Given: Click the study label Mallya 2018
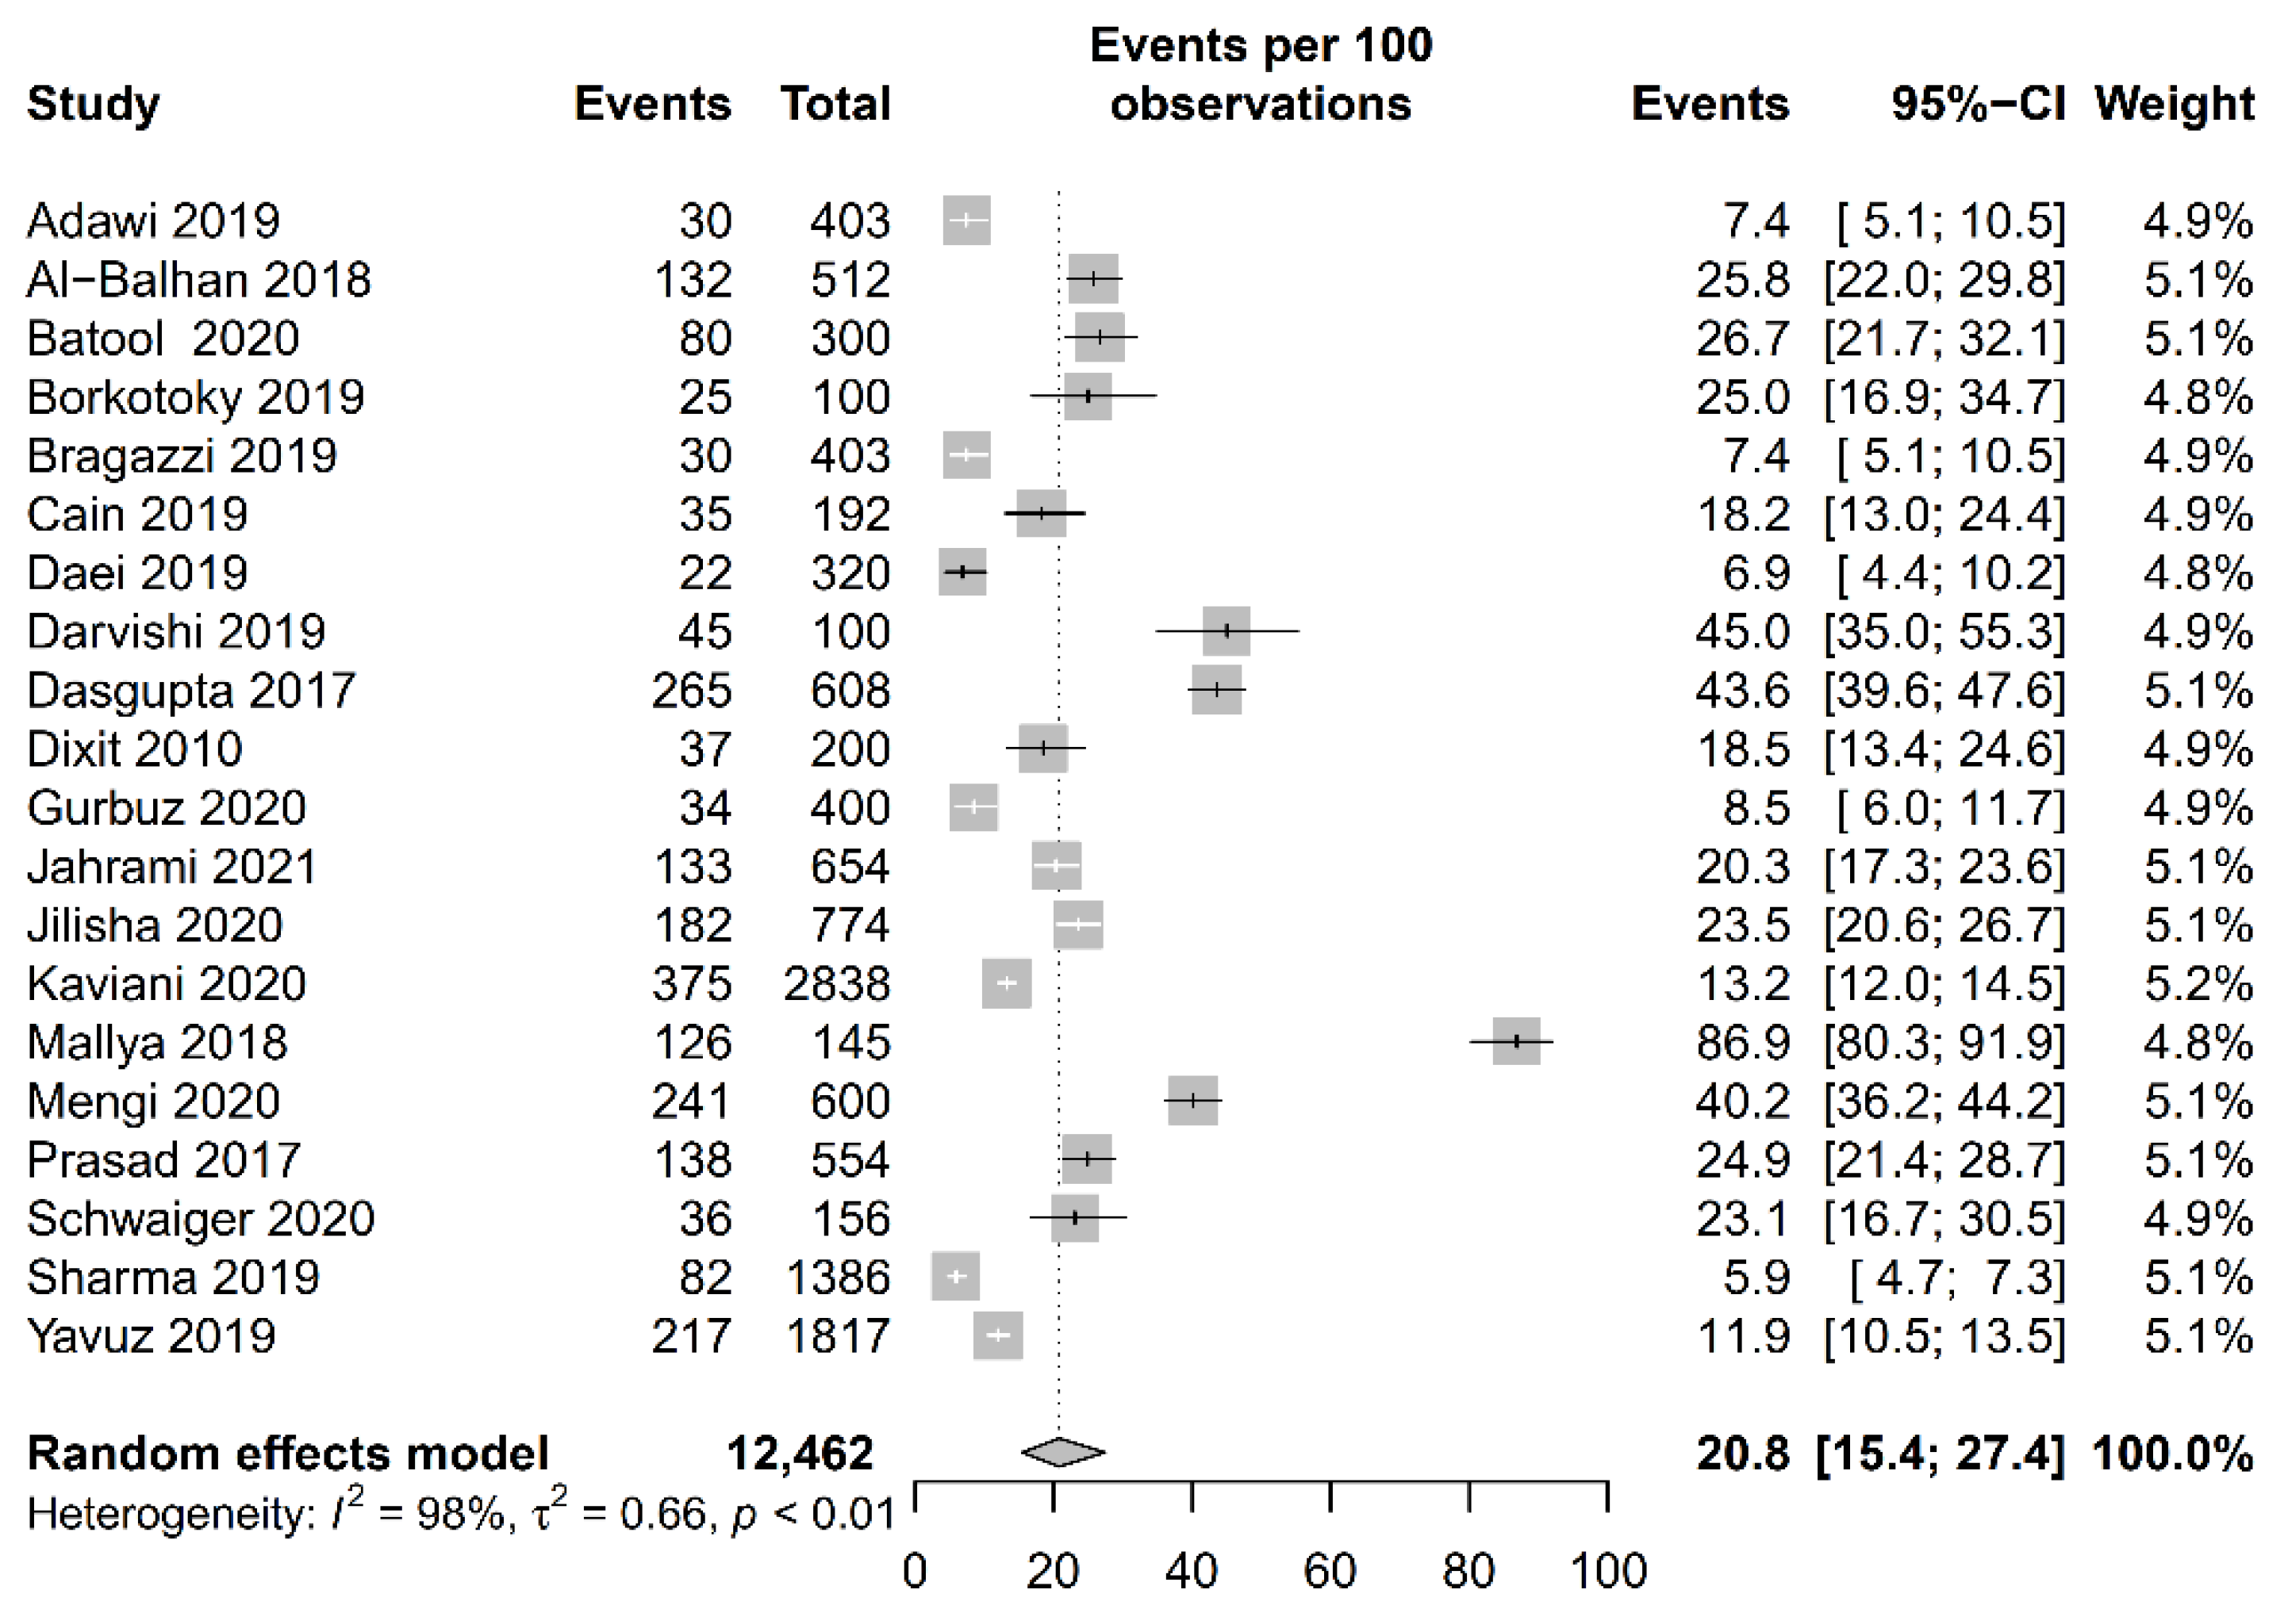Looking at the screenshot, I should pyautogui.click(x=156, y=1043).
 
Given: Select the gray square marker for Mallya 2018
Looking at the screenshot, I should pyautogui.click(x=1516, y=1041).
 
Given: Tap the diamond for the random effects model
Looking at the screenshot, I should pyautogui.click(x=1062, y=1453).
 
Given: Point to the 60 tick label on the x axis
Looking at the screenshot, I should pyautogui.click(x=1330, y=1571).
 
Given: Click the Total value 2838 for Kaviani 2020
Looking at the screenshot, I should pyautogui.click(x=836, y=984).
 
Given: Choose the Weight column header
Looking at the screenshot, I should pyautogui.click(x=2174, y=104).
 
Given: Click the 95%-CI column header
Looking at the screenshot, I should pyautogui.click(x=1977, y=104).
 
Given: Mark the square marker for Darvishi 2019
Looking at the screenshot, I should pyautogui.click(x=1226, y=630).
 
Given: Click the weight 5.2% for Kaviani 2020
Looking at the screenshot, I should pyautogui.click(x=2198, y=984).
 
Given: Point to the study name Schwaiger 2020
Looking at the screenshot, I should pyautogui.click(x=200, y=1219).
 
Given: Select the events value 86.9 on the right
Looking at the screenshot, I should pyautogui.click(x=1742, y=1043).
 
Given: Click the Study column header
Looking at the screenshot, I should pyautogui.click(x=93, y=104).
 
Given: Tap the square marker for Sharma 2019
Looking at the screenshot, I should pyautogui.click(x=956, y=1276).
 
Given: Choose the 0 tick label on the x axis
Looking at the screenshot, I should pyautogui.click(x=914, y=1571).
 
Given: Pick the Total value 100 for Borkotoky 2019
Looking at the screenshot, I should pyautogui.click(x=849, y=397).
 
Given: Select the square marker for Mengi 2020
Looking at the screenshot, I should pyautogui.click(x=1193, y=1100).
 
